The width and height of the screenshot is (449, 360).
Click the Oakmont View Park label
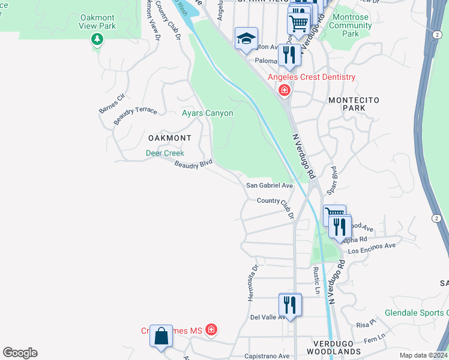[x=97, y=22]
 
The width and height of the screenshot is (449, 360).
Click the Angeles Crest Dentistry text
[x=312, y=77]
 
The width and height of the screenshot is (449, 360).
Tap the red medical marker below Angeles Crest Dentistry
[x=284, y=91]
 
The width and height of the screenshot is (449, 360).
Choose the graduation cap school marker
[x=246, y=39]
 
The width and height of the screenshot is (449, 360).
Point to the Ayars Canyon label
[x=207, y=113]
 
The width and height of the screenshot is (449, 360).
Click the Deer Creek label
[x=165, y=154]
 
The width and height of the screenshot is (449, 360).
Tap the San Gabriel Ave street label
[x=270, y=186]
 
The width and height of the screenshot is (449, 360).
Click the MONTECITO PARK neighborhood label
[x=354, y=104]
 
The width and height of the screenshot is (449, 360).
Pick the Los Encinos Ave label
[x=372, y=246]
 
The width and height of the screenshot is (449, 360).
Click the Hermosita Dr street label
[x=255, y=275]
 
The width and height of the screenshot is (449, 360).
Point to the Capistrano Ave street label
[x=267, y=356]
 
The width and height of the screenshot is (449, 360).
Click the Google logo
[x=20, y=353]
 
